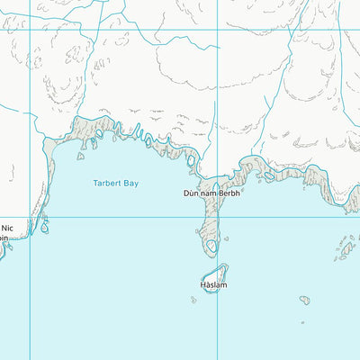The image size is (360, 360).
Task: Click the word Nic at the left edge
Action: [x=7, y=228]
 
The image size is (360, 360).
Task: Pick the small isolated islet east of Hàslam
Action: [x=305, y=299]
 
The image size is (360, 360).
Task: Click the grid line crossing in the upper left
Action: [x=31, y=30]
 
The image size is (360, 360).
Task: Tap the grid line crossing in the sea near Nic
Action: [x=31, y=217]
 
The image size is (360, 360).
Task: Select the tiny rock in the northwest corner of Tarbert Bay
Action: [x=80, y=157]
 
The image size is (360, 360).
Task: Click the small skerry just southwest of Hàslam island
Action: [x=193, y=299]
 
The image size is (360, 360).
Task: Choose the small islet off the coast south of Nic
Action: [x=44, y=228]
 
